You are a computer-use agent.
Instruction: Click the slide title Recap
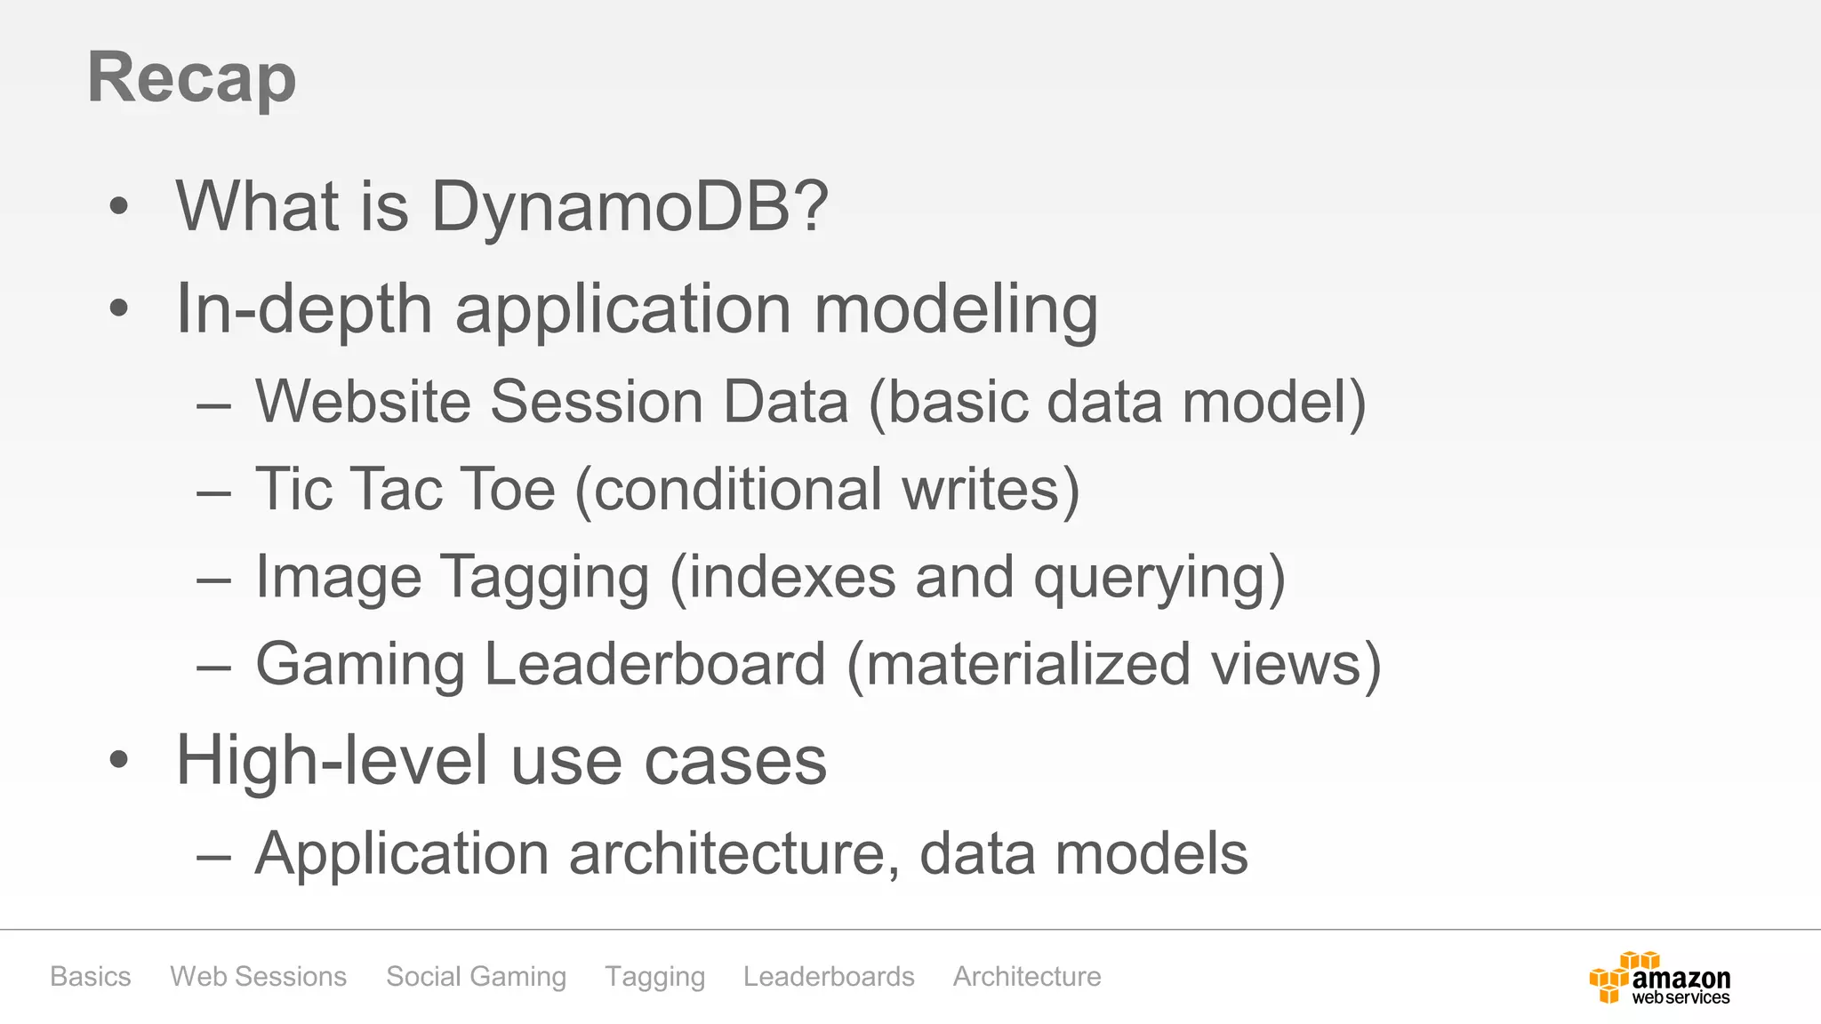191,78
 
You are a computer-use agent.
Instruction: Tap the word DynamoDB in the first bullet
630,206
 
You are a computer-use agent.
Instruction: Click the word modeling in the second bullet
956,309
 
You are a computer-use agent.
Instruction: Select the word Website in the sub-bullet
363,402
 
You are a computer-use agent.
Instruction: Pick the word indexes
792,577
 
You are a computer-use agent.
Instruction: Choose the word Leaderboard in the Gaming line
654,664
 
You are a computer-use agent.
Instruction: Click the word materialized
1027,664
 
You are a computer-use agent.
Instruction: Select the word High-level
333,761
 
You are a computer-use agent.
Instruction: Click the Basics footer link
91,976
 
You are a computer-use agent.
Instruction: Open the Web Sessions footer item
258,976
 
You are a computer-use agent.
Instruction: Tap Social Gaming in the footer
476,976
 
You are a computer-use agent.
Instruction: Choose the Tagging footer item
654,976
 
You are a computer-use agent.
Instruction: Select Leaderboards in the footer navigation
829,976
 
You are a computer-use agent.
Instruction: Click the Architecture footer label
1027,976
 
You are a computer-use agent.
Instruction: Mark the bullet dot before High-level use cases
119,761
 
